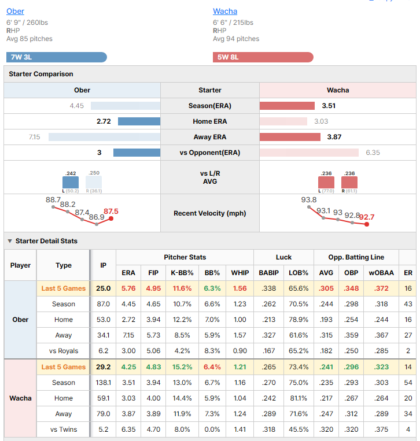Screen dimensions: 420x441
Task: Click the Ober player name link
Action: coord(15,11)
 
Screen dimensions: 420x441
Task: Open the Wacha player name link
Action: coord(225,11)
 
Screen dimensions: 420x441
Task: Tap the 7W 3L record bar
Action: coord(57,57)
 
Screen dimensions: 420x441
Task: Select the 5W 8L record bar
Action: coord(263,57)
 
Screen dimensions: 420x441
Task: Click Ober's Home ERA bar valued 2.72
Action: coord(139,121)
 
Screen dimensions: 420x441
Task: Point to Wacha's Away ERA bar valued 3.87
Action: coord(290,137)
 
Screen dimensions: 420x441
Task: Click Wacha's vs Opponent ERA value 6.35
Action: coord(373,153)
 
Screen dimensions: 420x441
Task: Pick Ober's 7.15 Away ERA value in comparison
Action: coord(34,137)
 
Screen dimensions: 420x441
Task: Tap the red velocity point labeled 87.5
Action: coord(111,218)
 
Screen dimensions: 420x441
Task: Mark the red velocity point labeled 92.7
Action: coord(367,224)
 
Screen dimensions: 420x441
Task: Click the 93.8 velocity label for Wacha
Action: coord(309,199)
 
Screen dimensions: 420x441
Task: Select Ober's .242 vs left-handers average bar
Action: coord(71,182)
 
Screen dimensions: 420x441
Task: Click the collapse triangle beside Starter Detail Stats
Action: coord(10,241)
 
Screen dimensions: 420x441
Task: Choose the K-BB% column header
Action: coord(182,273)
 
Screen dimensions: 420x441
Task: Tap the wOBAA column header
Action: coord(381,273)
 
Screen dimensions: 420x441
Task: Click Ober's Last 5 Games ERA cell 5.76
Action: coord(128,288)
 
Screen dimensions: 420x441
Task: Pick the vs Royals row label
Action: coord(64,351)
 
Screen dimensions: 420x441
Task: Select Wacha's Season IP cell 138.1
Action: coord(104,383)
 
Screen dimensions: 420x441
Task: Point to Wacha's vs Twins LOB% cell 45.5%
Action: coord(299,429)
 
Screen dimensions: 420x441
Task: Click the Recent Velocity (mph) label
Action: coord(210,213)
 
